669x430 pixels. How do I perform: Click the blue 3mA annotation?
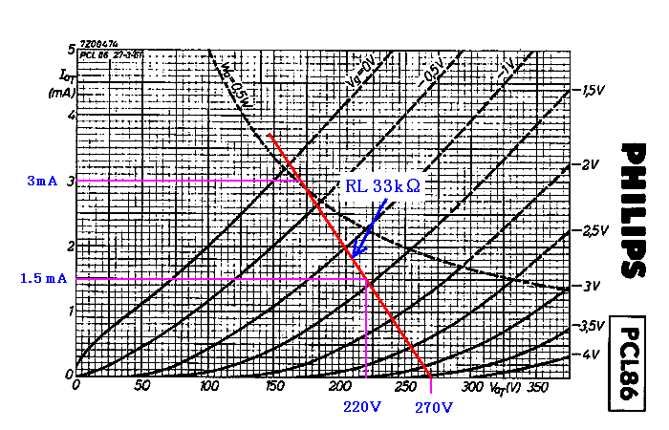(42, 181)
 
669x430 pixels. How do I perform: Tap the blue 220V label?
(362, 407)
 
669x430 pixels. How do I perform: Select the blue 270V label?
(434, 407)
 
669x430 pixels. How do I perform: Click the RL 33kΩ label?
(382, 187)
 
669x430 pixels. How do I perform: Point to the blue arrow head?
(355, 254)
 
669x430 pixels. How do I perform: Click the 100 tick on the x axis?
(207, 387)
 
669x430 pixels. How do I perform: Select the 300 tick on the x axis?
(471, 387)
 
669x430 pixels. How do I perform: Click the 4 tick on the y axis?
(70, 116)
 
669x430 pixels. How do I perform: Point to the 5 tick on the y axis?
(70, 49)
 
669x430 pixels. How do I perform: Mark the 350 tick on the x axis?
(537, 387)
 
